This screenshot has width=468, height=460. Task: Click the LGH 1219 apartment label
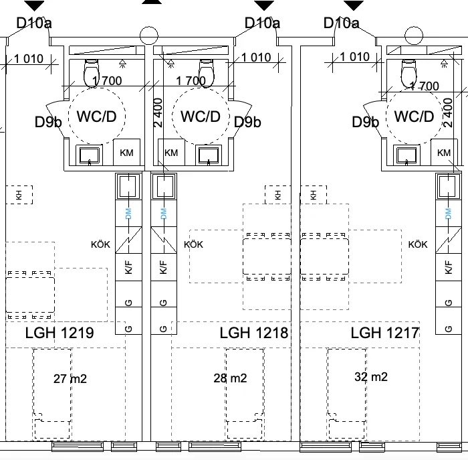(60, 333)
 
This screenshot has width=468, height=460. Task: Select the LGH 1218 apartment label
(254, 333)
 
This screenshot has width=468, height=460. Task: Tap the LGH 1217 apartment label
(385, 333)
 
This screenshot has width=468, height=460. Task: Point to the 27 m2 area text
(70, 379)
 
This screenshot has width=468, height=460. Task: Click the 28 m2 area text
(230, 378)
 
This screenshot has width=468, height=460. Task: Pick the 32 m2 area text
(371, 376)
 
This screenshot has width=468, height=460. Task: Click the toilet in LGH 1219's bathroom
(92, 72)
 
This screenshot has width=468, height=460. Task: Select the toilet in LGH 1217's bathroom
(409, 73)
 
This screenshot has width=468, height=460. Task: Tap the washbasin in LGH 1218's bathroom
(209, 155)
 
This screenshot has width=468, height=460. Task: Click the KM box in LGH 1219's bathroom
(126, 152)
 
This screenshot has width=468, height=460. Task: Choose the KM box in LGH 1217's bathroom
(444, 152)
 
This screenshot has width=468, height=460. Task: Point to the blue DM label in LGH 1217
(448, 214)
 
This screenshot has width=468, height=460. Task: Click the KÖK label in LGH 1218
(193, 244)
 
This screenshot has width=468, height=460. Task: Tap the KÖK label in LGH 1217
(418, 244)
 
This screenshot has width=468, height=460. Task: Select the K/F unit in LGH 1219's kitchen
(128, 267)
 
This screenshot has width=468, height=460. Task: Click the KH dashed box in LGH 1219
(19, 195)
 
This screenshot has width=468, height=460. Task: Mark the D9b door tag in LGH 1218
(247, 122)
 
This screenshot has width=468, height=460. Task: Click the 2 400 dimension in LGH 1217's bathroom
(448, 112)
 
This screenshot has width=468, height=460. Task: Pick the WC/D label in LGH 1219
(96, 117)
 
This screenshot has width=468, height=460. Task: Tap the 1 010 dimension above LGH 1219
(29, 58)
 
